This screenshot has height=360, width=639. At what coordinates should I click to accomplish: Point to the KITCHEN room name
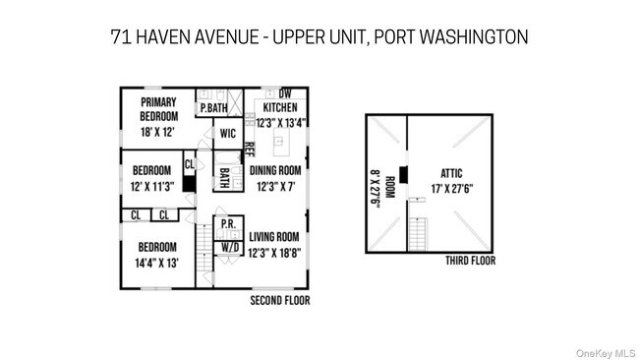[279, 108]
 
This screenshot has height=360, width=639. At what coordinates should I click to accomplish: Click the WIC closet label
[227, 133]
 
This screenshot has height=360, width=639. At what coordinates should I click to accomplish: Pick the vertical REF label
[249, 150]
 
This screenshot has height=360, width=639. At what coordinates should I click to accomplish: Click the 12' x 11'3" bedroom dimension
[152, 185]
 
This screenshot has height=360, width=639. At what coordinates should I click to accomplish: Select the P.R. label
[227, 224]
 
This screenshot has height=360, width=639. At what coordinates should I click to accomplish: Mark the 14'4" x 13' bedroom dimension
[157, 263]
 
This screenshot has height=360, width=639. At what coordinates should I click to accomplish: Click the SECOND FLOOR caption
[280, 300]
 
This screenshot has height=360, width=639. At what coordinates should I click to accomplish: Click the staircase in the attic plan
[418, 233]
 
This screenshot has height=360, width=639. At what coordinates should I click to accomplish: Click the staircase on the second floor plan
[204, 257]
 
